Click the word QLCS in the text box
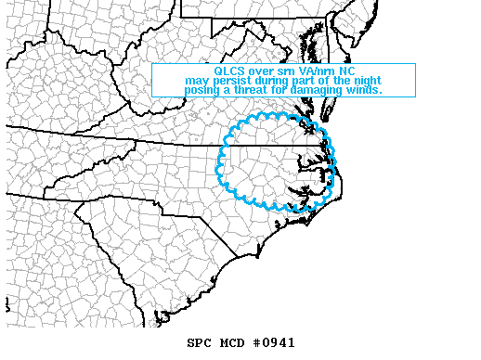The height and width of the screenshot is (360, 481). (x=228, y=71)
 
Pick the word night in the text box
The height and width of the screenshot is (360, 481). (x=368, y=80)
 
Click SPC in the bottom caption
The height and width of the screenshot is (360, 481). (x=200, y=342)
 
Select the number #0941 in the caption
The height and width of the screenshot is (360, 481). (x=274, y=342)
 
